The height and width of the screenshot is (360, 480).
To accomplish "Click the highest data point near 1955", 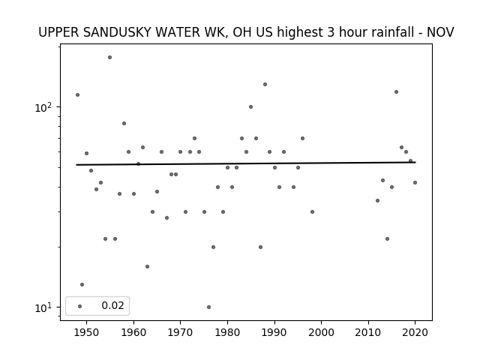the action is tap(110, 58).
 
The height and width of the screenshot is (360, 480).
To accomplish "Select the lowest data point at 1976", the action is tap(208, 307).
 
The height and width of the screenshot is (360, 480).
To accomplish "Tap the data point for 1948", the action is tap(77, 95).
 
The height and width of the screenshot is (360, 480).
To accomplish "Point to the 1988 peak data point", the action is tap(265, 85).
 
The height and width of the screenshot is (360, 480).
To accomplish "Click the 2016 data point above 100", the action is tap(397, 91).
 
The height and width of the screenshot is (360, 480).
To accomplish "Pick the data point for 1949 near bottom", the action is tap(82, 285).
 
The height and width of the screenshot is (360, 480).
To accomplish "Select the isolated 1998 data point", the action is tap(312, 211).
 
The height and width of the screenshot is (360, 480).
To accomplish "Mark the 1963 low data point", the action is tap(147, 267).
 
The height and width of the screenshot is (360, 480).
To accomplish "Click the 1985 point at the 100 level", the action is tap(250, 106).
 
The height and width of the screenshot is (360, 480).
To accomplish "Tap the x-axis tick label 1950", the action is tap(87, 332).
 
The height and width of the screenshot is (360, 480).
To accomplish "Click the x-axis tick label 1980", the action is tap(227, 332).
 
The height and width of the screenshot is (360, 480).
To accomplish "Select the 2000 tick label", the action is tap(322, 332).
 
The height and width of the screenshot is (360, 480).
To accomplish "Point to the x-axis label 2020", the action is tap(415, 332).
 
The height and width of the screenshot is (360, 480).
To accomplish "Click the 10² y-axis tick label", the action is tap(43, 107).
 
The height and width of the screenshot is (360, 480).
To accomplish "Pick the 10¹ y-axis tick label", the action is tap(43, 307).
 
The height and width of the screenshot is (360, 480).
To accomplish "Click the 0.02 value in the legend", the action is tap(112, 305).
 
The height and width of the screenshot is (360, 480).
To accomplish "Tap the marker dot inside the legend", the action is tap(80, 306).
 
